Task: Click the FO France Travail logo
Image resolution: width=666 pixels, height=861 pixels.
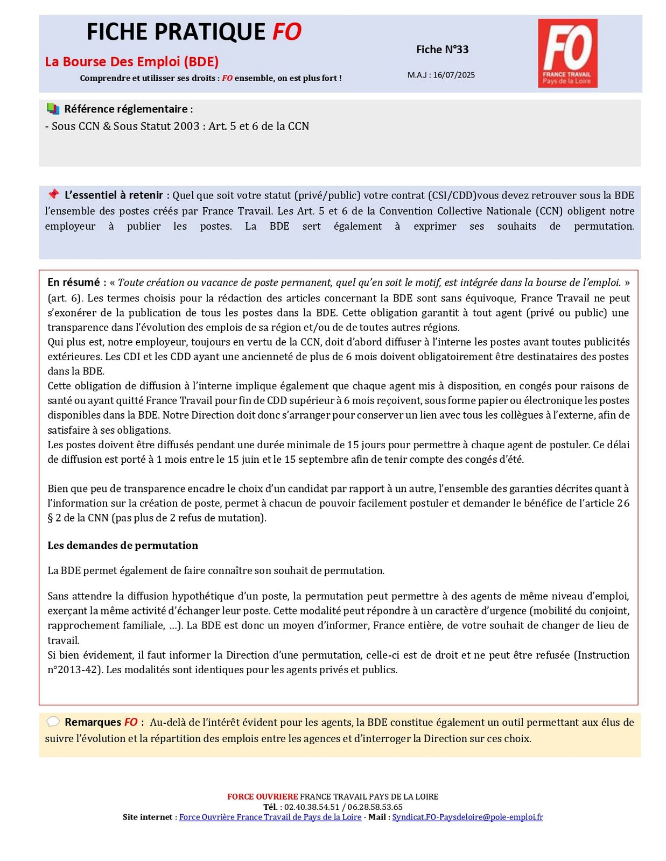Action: (x=567, y=53)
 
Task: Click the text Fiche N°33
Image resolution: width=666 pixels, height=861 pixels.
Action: (x=442, y=50)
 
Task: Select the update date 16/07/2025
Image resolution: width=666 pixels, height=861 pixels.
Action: (x=454, y=75)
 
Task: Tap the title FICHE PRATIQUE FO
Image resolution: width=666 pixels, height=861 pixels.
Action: (x=194, y=32)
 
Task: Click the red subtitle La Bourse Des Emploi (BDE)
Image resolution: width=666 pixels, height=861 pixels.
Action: (x=132, y=62)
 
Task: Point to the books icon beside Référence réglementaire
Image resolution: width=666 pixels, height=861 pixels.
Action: (x=53, y=109)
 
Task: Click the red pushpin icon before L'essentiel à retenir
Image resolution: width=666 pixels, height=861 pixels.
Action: (x=53, y=194)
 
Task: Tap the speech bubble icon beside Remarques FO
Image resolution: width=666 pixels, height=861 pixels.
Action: (x=53, y=722)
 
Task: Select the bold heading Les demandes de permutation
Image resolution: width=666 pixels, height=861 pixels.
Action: (x=123, y=545)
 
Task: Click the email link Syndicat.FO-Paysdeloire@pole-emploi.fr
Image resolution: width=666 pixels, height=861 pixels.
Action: (x=467, y=817)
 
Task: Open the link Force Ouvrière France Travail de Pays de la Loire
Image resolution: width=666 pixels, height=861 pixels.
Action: (x=270, y=817)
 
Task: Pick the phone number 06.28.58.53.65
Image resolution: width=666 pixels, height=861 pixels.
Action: (x=375, y=807)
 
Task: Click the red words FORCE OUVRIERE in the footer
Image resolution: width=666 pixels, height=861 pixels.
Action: (x=262, y=796)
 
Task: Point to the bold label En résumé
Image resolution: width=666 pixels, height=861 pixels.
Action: (x=74, y=283)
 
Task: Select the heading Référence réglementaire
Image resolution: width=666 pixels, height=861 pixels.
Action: (x=126, y=109)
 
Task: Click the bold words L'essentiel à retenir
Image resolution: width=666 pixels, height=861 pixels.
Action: (x=114, y=195)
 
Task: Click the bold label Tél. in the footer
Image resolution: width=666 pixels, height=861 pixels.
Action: (x=270, y=807)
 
